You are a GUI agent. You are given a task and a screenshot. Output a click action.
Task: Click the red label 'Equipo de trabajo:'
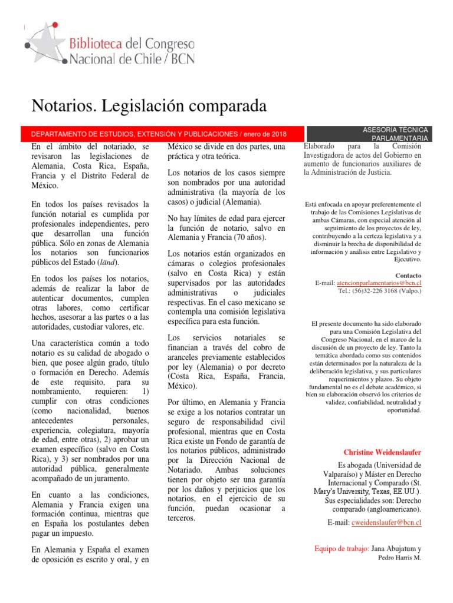[x=343, y=548]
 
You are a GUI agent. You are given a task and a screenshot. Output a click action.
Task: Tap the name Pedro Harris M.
[x=399, y=558]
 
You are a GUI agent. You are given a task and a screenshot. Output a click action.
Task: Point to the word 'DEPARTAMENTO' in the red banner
[x=58, y=134]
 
